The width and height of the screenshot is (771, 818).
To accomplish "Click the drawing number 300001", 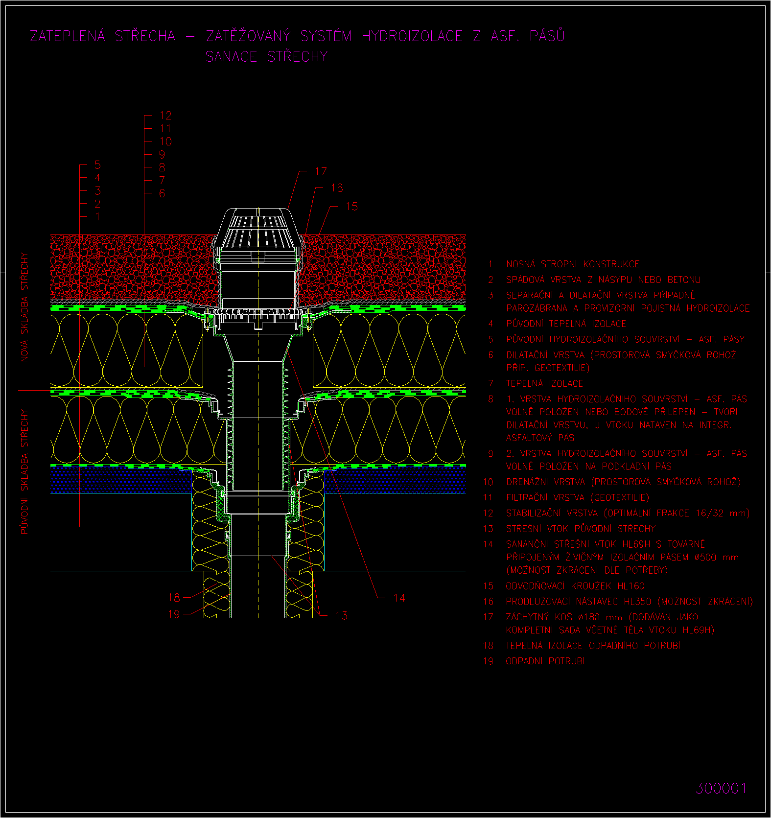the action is click(x=721, y=788).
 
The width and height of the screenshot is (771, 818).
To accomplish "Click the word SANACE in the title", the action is click(x=231, y=57).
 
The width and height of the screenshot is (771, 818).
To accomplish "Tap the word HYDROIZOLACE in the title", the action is click(x=412, y=36).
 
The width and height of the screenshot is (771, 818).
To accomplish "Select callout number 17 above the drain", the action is click(x=321, y=171).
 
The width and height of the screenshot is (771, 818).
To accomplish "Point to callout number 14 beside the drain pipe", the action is click(x=399, y=598).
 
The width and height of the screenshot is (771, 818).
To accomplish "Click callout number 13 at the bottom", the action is click(x=342, y=615).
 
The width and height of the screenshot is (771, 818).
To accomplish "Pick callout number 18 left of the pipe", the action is click(x=174, y=597).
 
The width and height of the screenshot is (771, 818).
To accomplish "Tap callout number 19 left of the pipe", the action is click(x=174, y=614).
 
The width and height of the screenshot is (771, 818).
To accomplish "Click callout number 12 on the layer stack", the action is click(x=166, y=116).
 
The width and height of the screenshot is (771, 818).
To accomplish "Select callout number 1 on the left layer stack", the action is click(x=98, y=216).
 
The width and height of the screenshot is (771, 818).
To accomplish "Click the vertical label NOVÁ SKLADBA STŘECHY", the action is click(x=24, y=307).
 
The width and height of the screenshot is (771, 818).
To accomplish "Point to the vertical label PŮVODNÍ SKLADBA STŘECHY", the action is click(x=24, y=471).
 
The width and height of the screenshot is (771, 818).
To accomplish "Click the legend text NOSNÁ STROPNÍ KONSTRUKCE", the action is click(x=573, y=264).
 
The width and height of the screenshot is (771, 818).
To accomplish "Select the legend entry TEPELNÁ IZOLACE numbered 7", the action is click(x=544, y=384).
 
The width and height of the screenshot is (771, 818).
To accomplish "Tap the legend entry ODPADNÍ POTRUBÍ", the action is click(x=545, y=661).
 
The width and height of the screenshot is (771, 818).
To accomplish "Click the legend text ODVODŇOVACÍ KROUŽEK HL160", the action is click(x=575, y=586).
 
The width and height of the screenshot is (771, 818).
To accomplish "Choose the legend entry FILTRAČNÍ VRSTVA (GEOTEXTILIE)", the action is click(x=578, y=498).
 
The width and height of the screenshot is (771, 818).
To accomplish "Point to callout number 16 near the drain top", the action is click(x=337, y=188).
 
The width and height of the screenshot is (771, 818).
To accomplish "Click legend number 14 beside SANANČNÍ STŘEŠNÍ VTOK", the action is click(x=488, y=544).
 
